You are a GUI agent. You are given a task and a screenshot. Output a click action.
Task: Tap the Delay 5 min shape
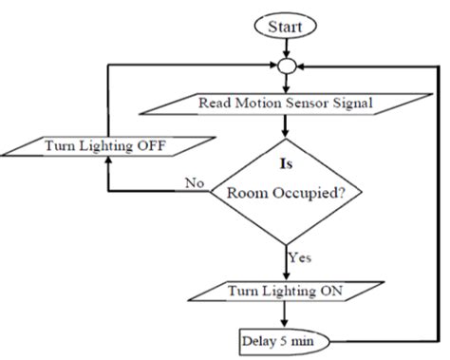(x=281, y=338)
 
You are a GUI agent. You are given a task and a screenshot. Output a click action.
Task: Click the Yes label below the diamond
(x=299, y=256)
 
